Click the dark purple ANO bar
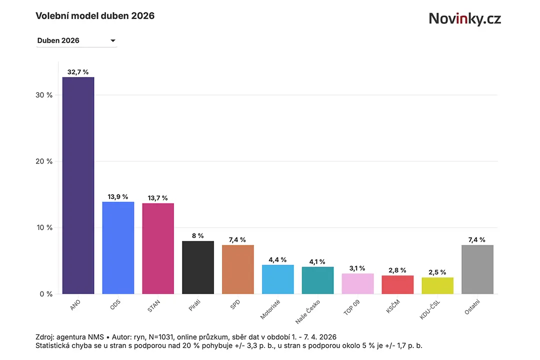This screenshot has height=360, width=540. pos(78,185)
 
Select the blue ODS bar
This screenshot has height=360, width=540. pos(118,247)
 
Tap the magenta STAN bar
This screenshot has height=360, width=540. pos(158,248)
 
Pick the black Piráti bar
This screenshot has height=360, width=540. pos(198,267)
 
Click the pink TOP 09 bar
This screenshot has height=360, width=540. pos(358,283)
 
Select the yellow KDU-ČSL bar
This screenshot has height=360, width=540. pos(437,285)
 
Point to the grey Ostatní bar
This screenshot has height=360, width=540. pos(477,269)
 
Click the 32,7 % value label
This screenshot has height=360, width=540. pos(78,72)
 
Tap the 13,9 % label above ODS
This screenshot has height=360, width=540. pos(118,196)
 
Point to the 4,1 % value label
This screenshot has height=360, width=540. pos(317,262)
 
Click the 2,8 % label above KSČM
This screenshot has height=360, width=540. pos(397,270)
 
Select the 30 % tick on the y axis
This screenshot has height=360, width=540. pos(44,95)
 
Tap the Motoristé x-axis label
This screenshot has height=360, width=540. pos(270,309)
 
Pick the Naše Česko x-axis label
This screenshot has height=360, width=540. pos(307,312)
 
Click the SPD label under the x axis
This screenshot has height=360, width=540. pos(235,304)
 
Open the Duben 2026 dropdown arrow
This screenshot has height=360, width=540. pos(112,40)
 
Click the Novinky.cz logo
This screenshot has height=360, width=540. pos(465,18)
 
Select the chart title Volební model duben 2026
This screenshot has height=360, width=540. pos(95,16)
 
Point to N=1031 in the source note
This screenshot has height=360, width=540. pos(161,337)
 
